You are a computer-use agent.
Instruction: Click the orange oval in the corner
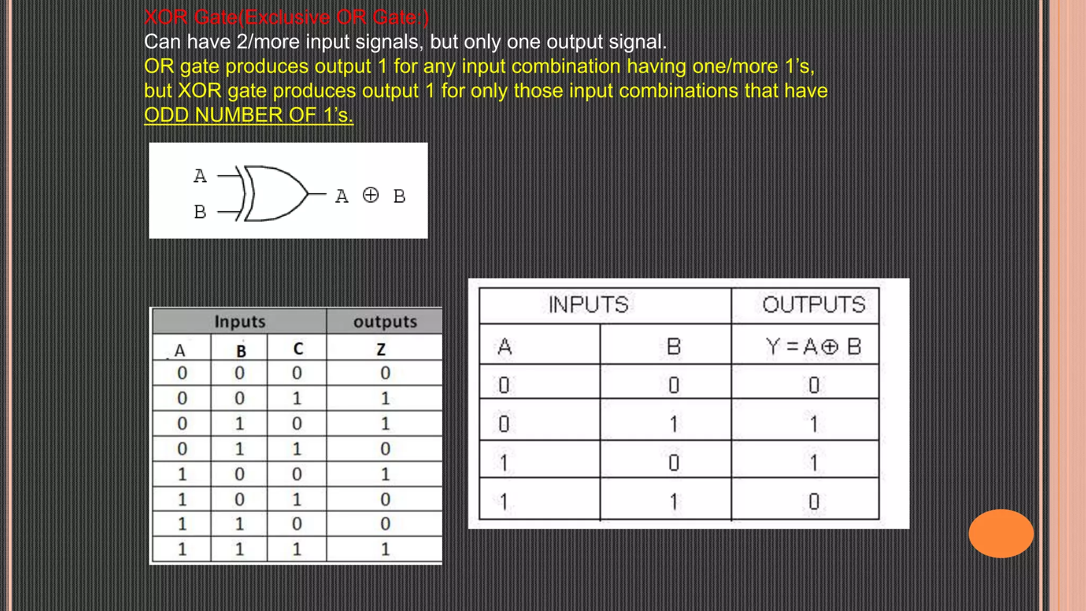coord(1001,533)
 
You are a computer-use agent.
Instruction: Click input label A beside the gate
coord(200,176)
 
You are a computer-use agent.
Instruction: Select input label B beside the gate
coord(200,212)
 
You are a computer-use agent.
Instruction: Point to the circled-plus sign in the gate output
coord(371,195)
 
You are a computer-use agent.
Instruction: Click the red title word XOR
coord(166,18)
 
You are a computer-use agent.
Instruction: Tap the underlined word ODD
coord(166,115)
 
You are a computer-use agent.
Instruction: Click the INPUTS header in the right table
coord(588,305)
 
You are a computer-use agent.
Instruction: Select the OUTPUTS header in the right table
coord(813,305)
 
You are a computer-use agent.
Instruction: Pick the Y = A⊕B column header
coord(813,347)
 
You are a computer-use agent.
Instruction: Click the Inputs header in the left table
coord(240,321)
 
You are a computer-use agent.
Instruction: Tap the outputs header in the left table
coord(385,321)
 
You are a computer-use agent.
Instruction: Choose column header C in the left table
coord(298,349)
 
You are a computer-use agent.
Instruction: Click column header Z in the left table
coord(381,350)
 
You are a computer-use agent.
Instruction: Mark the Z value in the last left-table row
coord(386,549)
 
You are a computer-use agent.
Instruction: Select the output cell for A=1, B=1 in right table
coord(814,501)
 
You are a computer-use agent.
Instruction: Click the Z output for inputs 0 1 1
coord(386,449)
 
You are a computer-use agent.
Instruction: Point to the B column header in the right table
coord(673,347)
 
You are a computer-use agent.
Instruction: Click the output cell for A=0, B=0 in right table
coord(814,385)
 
